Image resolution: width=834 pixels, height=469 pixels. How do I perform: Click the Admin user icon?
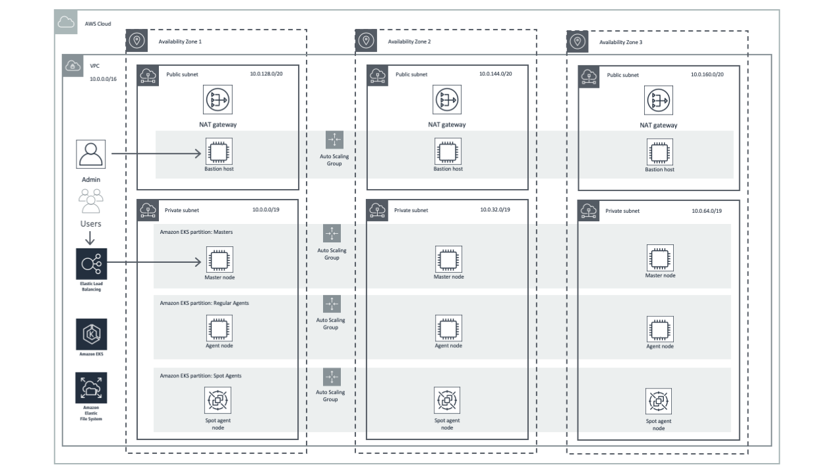90,154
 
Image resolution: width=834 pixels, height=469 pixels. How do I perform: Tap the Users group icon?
91,201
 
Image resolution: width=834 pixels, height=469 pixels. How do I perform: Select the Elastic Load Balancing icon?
91,264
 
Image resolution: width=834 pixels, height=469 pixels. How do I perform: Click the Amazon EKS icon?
91,334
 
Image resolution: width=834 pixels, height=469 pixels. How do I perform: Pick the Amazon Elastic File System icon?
91,388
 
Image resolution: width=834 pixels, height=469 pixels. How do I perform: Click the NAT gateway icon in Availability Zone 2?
446,100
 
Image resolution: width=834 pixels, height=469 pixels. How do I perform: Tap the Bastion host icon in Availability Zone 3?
659,152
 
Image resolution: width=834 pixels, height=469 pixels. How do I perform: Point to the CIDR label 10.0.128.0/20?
266,74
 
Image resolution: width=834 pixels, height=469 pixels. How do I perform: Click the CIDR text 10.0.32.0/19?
495,209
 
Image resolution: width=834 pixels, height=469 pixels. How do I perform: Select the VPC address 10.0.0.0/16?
103,79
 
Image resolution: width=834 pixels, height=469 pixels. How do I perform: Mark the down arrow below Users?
91,238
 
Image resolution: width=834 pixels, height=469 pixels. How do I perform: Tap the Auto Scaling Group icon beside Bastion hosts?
334,140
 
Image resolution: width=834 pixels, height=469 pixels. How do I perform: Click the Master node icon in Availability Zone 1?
219,260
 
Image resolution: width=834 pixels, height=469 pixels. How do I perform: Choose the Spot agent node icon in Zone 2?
448,400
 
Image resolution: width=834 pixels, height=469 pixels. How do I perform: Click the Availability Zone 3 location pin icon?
578,41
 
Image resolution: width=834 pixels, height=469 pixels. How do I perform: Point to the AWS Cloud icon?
66,23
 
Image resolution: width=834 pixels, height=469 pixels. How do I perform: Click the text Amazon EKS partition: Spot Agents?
200,375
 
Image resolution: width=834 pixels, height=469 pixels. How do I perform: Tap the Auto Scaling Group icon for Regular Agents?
332,304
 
